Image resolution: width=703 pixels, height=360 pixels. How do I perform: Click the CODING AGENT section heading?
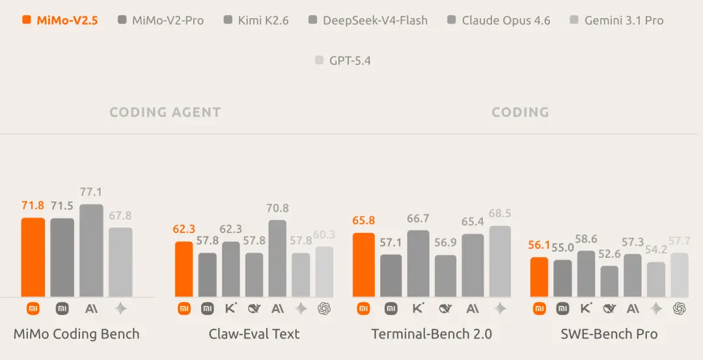[165, 112]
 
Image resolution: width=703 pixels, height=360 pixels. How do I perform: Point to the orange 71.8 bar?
[33, 257]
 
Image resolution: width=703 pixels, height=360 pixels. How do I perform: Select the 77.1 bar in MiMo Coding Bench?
[91, 251]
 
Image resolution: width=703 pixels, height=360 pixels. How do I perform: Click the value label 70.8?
[277, 208]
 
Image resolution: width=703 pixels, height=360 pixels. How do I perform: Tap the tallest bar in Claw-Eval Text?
[277, 258]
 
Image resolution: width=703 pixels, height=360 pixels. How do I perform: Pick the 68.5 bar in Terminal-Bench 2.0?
[500, 261]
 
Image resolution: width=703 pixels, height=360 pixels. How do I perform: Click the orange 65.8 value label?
[364, 221]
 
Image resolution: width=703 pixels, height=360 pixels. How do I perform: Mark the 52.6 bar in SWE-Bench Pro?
[609, 281]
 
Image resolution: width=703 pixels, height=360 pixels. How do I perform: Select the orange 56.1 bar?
[539, 277]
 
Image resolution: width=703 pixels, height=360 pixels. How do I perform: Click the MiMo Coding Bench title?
[77, 335]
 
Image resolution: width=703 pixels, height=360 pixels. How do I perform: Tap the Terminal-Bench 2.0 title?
[432, 335]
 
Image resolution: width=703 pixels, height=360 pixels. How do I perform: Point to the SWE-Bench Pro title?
[609, 335]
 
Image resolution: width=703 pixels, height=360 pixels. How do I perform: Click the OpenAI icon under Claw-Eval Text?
[324, 309]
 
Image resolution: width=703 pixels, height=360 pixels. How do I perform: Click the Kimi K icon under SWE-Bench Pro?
[586, 309]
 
